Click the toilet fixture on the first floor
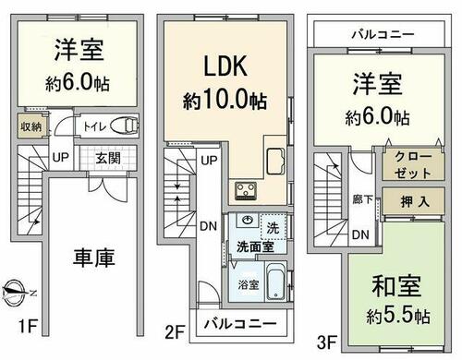(124, 126)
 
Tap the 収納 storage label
(30, 126)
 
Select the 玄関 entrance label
(108, 159)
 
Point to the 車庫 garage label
(94, 258)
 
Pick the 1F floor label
(28, 326)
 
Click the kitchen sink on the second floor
(275, 162)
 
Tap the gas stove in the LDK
(246, 190)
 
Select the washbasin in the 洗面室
(248, 220)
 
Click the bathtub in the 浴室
(276, 282)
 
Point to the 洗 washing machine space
(273, 228)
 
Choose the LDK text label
(225, 66)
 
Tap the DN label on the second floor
(209, 226)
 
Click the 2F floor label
(175, 332)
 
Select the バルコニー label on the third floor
(383, 34)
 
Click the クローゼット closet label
(413, 165)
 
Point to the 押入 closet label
(415, 202)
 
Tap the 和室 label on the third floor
(396, 286)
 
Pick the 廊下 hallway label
(362, 199)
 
